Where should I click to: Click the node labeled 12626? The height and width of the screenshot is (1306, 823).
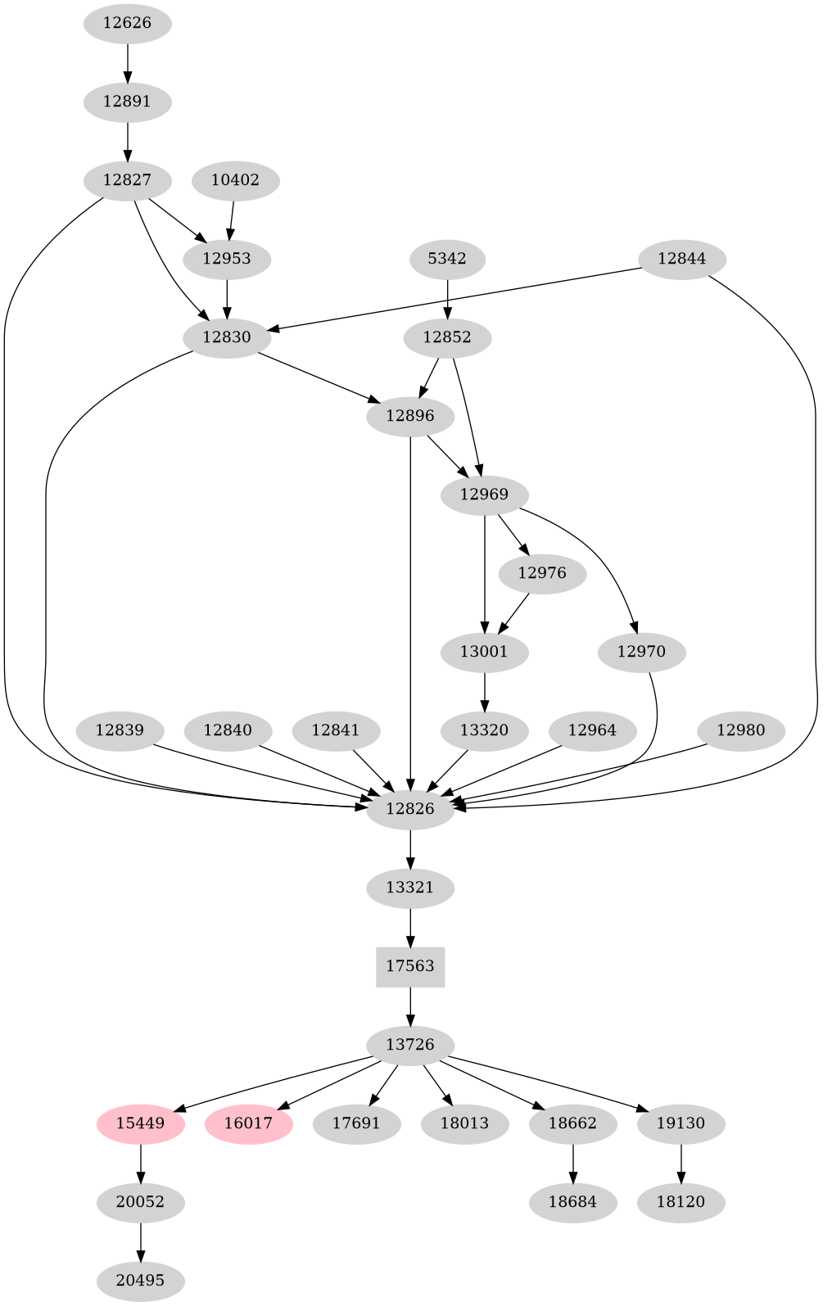tap(127, 23)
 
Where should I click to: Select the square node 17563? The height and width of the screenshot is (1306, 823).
tap(410, 966)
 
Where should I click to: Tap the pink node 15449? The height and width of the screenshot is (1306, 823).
tap(140, 1123)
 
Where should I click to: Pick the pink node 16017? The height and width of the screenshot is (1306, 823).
tap(248, 1123)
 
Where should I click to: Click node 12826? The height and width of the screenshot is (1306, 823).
tap(410, 809)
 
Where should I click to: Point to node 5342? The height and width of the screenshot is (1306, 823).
tap(447, 259)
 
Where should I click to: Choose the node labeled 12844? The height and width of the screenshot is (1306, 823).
tap(681, 259)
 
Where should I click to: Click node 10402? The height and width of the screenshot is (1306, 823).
tap(235, 180)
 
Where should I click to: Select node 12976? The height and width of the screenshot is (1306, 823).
tap(542, 573)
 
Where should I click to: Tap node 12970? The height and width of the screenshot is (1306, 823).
tap(641, 652)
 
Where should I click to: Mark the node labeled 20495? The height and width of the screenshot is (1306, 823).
tap(140, 1281)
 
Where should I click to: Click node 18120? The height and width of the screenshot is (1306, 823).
tap(681, 1202)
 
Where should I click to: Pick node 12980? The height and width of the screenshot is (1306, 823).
tap(741, 730)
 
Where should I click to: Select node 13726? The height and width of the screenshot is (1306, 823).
tap(410, 1045)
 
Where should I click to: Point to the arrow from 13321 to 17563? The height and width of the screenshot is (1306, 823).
tap(410, 927)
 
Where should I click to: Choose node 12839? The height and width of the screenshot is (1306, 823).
tap(120, 730)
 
